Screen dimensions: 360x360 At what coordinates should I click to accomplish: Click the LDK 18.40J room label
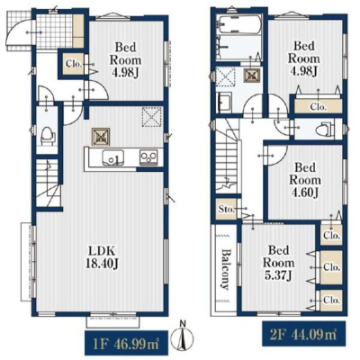(103, 256)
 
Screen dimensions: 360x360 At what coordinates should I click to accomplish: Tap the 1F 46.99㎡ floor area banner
(126, 344)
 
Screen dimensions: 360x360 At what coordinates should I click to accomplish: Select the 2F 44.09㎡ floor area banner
(304, 334)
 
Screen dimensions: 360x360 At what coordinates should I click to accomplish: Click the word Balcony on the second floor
(225, 269)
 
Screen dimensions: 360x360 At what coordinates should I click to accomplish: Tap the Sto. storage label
(226, 209)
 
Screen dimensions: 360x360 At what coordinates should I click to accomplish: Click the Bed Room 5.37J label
(279, 263)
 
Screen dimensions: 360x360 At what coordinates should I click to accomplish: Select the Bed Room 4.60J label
(304, 180)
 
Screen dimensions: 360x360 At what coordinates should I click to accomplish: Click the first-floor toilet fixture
(48, 137)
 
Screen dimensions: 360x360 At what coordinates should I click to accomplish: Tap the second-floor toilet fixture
(326, 129)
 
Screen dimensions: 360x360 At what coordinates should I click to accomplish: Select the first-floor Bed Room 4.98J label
(125, 60)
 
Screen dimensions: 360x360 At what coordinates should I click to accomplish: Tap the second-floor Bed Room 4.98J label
(304, 58)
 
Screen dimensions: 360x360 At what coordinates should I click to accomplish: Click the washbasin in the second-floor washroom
(224, 102)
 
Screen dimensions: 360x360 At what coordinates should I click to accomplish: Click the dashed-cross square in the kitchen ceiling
(152, 117)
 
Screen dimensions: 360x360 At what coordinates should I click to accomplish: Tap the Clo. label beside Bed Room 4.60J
(331, 236)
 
